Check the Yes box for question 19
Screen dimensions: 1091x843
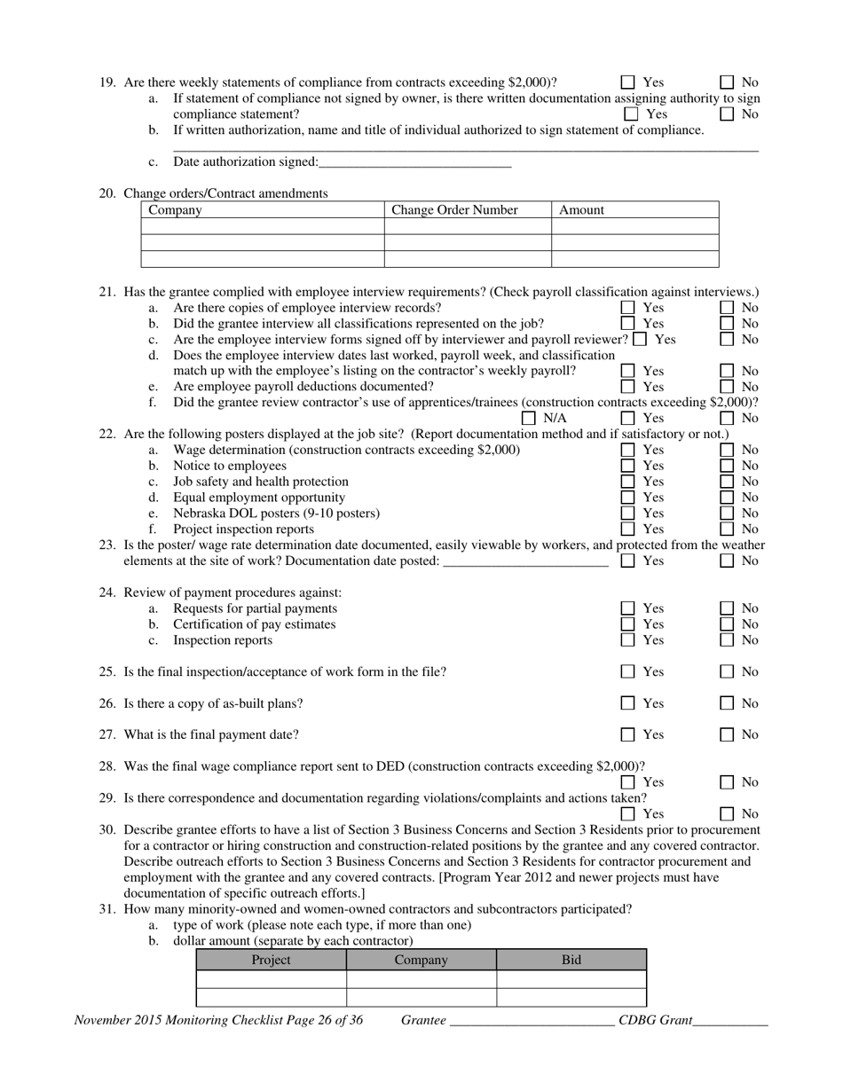pyautogui.click(x=628, y=82)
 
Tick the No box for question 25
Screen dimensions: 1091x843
pyautogui.click(x=727, y=672)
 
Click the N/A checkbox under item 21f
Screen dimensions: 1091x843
pyautogui.click(x=529, y=418)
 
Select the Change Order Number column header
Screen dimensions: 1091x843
pyautogui.click(x=454, y=210)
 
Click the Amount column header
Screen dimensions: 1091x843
pyautogui.click(x=581, y=210)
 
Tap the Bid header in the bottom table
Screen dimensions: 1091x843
pyautogui.click(x=571, y=960)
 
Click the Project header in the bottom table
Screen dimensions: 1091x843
pyautogui.click(x=271, y=960)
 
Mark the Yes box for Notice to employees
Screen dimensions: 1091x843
pyautogui.click(x=628, y=466)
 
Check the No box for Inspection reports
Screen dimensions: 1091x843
pyautogui.click(x=727, y=640)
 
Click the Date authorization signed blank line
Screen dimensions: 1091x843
pyautogui.click(x=414, y=162)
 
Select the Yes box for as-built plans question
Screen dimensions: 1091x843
pyautogui.click(x=628, y=703)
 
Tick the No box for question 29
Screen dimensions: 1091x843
pyautogui.click(x=727, y=813)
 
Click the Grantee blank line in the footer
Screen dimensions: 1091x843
pyautogui.click(x=532, y=1021)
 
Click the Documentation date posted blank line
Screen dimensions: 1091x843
pyautogui.click(x=524, y=561)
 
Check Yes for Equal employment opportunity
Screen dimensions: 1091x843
pyautogui.click(x=628, y=498)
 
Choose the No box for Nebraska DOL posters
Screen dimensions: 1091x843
pyautogui.click(x=727, y=514)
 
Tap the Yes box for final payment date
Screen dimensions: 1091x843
pyautogui.click(x=628, y=734)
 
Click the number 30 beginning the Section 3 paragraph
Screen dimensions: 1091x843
pyautogui.click(x=107, y=830)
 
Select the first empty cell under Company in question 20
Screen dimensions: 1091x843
pyautogui.click(x=263, y=226)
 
